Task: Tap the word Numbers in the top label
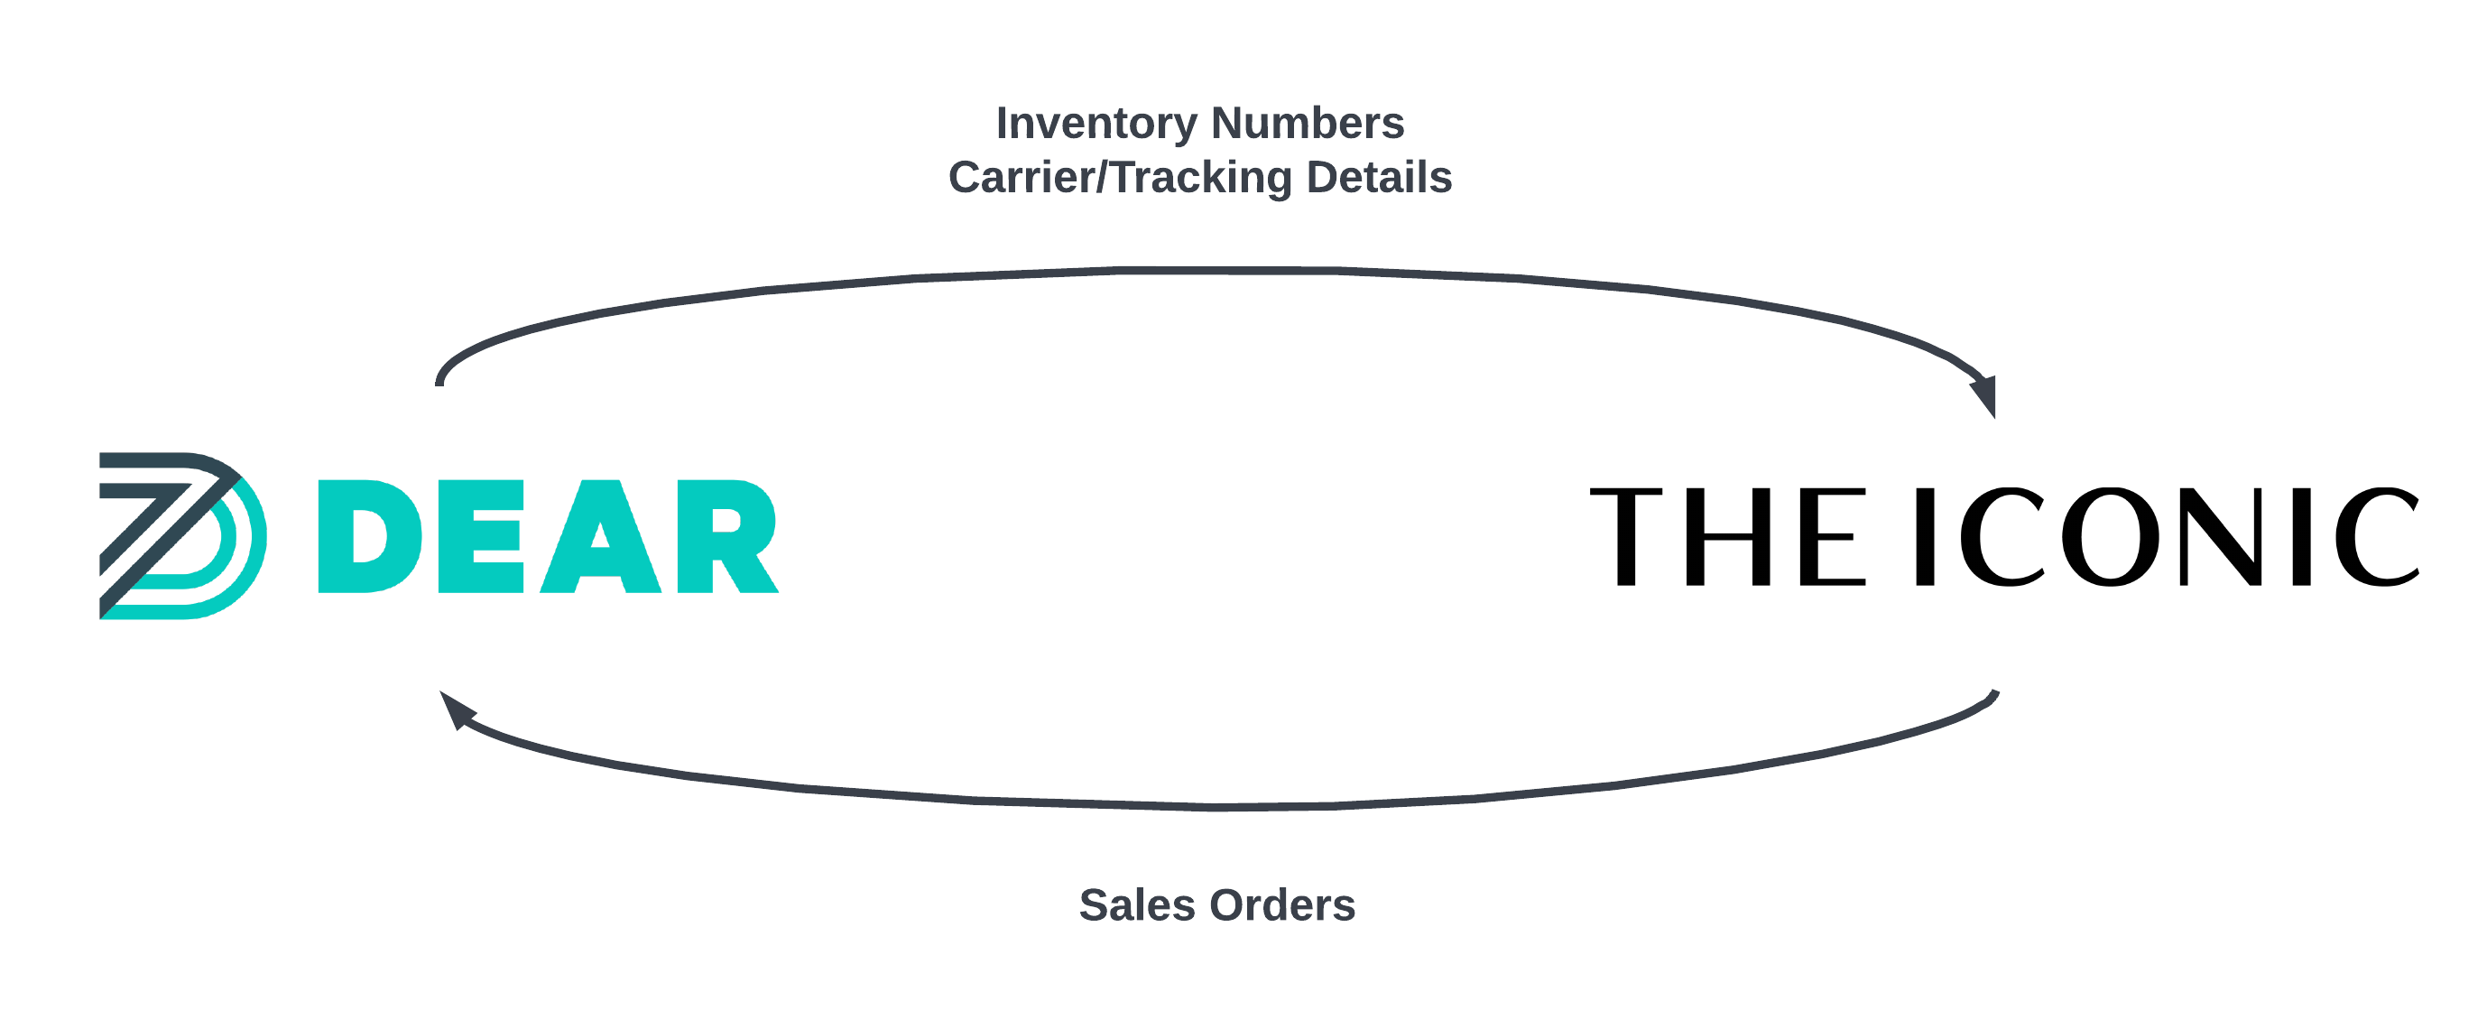coord(1308,123)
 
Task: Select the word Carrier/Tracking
coord(1120,179)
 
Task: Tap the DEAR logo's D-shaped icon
coord(181,536)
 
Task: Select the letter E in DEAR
coord(481,536)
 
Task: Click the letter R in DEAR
coord(726,536)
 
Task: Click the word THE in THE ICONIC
coord(1727,537)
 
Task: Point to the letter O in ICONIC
coord(2111,537)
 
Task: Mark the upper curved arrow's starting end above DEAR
coord(440,381)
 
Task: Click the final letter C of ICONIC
coord(2377,537)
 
